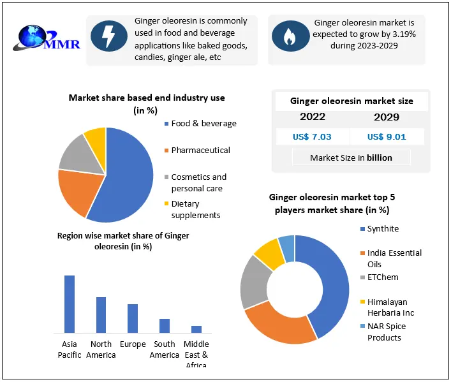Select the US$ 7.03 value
click(x=312, y=136)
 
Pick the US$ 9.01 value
click(x=387, y=136)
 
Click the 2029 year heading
click(x=387, y=117)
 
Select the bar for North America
click(x=101, y=314)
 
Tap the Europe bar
click(x=133, y=318)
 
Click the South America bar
click(x=165, y=325)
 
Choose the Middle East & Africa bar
click(x=196, y=329)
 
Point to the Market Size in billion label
click(x=351, y=158)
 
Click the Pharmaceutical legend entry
click(x=200, y=151)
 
